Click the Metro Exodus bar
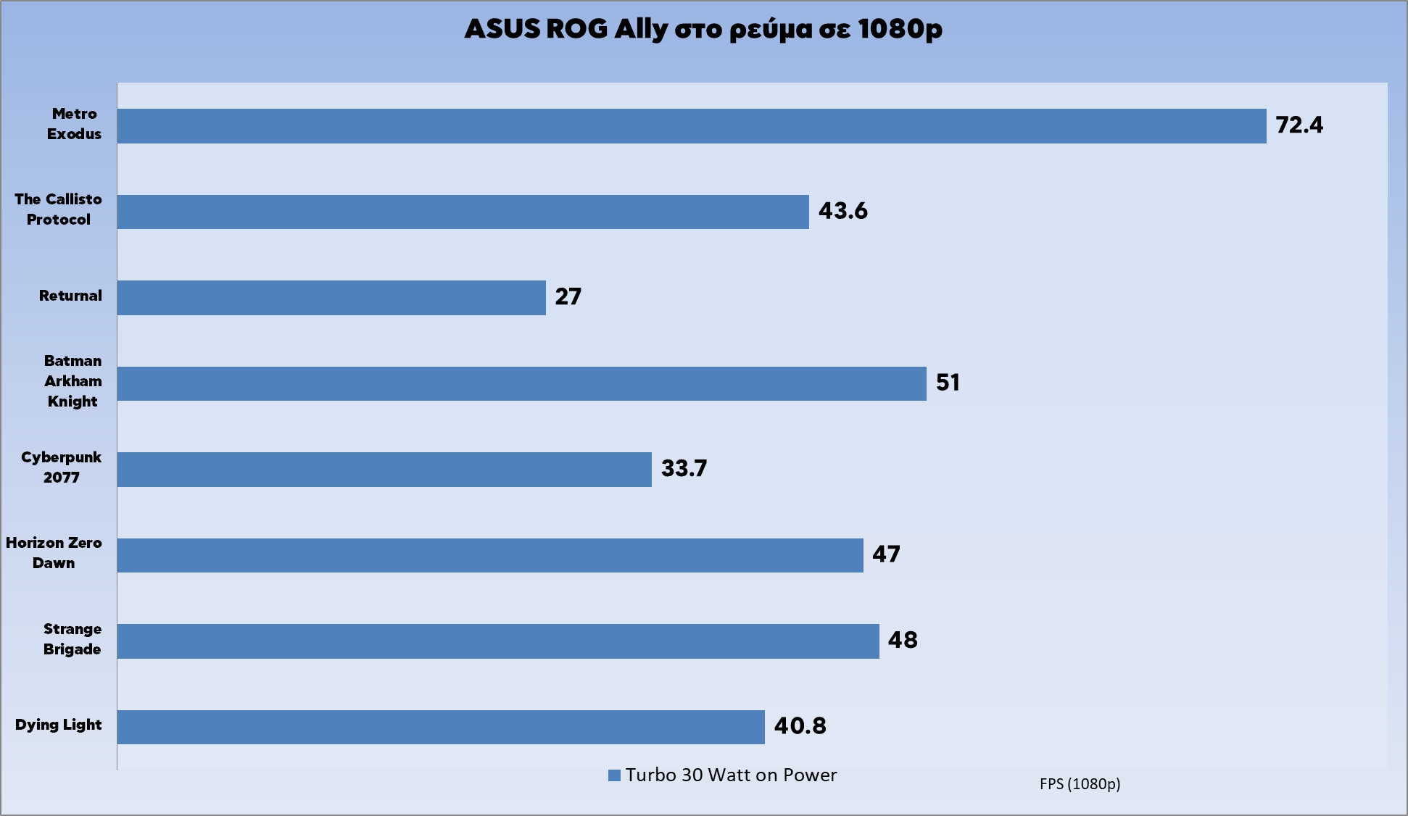coord(692,126)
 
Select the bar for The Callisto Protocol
coord(463,212)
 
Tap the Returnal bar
coord(331,298)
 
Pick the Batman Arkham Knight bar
coord(522,383)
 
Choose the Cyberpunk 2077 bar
coord(384,470)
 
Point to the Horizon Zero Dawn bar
coord(490,555)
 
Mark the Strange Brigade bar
coord(498,641)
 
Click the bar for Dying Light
coord(441,727)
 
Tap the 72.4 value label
coord(1299,125)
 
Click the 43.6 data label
coord(842,211)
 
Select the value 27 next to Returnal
coord(568,296)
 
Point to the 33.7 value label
coord(684,468)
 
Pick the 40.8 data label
coord(800,725)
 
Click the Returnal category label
coord(70,296)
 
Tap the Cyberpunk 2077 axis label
coord(61,467)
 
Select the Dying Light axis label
coord(58,725)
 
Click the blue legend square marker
coord(614,775)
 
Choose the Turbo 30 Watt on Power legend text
coord(731,775)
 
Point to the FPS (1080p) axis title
coord(1080,784)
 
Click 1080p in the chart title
coord(900,29)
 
